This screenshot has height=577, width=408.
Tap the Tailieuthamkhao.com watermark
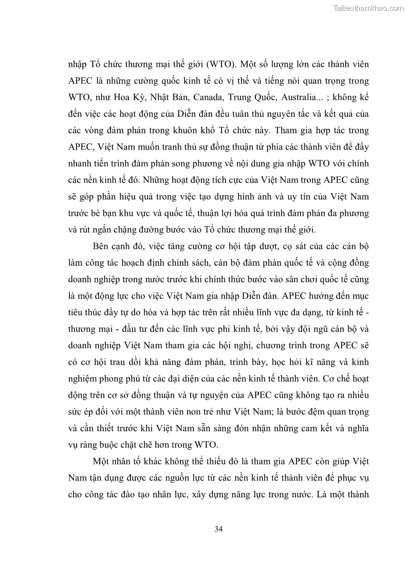[369, 8]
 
